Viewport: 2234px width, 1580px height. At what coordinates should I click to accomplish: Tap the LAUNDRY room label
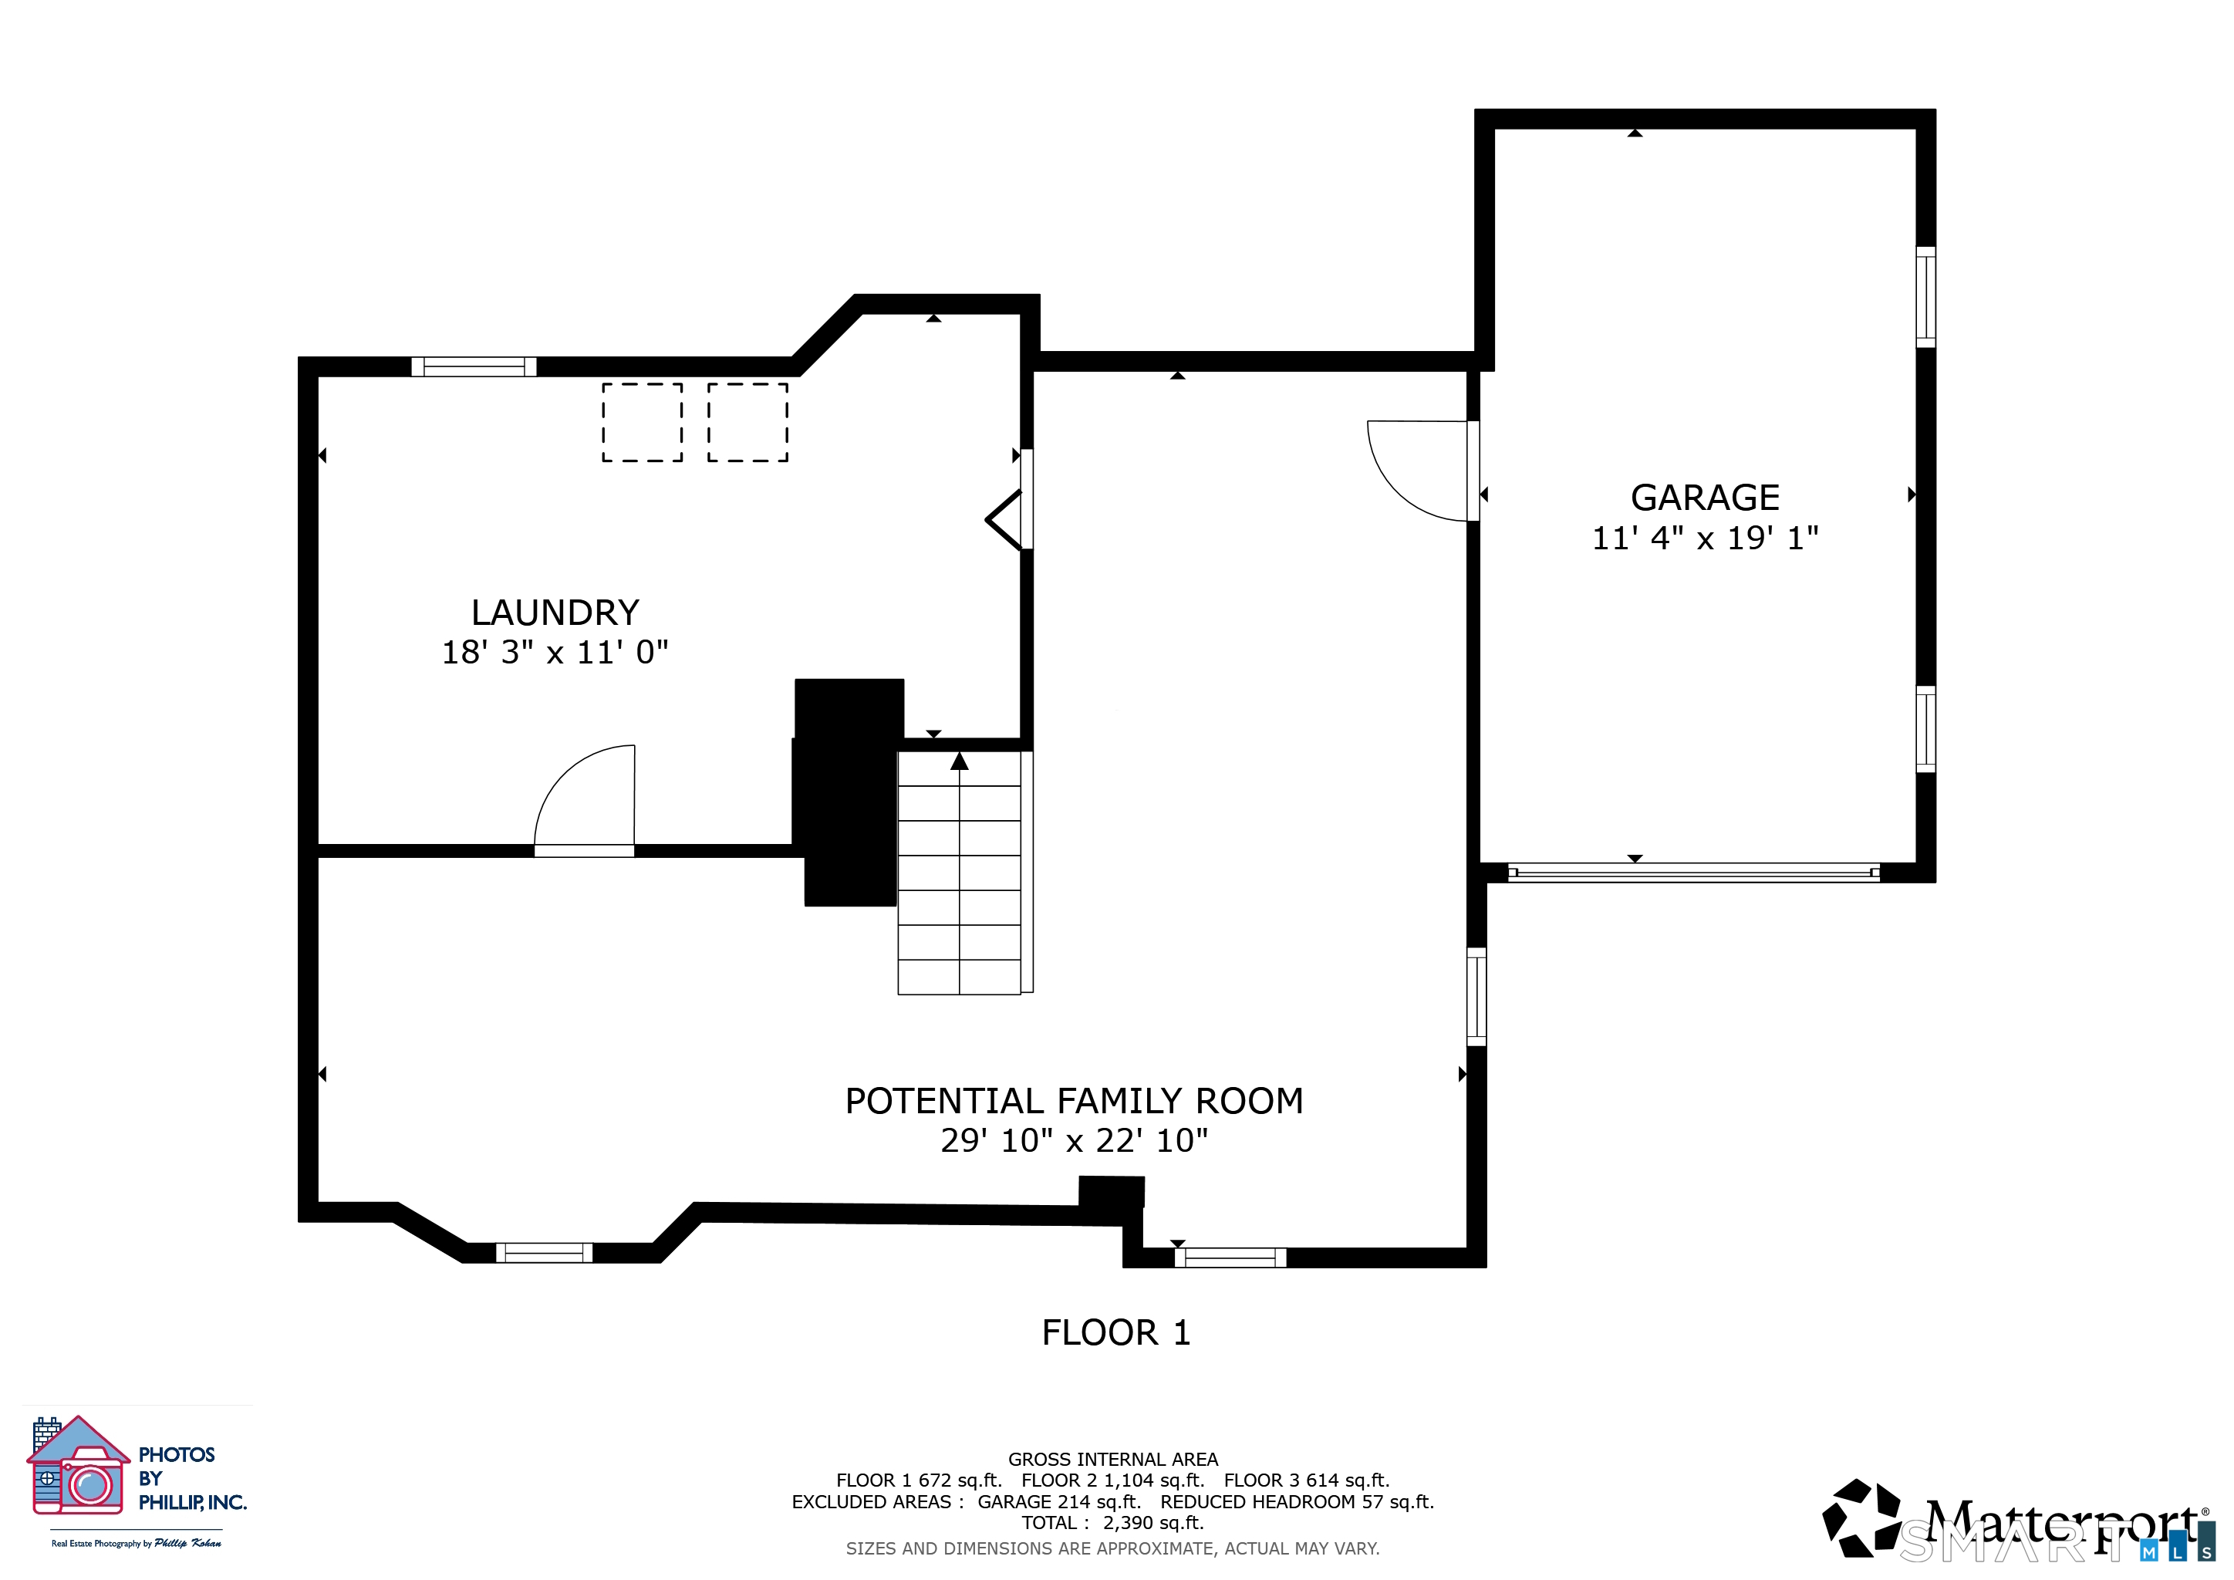tap(555, 612)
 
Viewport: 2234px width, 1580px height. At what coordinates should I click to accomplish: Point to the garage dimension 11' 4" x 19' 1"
tap(1705, 537)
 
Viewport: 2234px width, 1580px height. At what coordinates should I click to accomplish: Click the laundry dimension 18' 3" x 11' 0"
tap(555, 651)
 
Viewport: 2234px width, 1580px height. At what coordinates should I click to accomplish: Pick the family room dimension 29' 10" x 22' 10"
tap(1075, 1139)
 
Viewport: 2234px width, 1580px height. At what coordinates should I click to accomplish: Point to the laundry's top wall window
tap(474, 366)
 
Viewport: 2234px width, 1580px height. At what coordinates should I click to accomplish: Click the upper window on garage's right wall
tap(1925, 297)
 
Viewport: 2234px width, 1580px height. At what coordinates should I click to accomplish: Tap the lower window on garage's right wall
tap(1925, 729)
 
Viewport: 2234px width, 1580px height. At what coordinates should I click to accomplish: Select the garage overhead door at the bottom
tap(1694, 873)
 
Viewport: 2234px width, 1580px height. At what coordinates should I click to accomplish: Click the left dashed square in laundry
tap(642, 421)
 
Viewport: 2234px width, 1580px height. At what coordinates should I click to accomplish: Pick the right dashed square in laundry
tap(747, 421)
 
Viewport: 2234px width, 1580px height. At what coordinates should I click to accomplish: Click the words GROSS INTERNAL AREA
tap(1113, 1460)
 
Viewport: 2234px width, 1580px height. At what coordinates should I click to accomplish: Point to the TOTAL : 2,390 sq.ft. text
tap(1113, 1523)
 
